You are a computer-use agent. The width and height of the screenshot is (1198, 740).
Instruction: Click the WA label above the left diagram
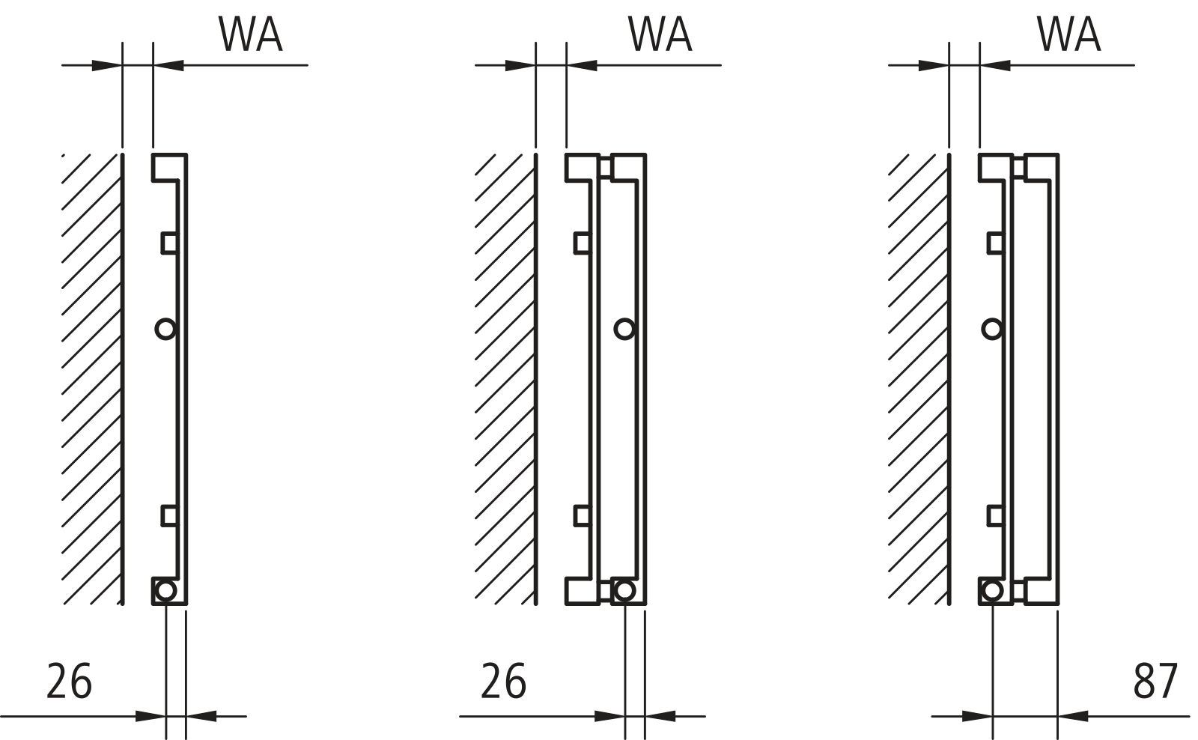click(x=250, y=34)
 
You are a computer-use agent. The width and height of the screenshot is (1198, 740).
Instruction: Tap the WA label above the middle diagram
click(x=660, y=34)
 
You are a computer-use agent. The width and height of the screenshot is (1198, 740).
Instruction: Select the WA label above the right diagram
click(x=1068, y=34)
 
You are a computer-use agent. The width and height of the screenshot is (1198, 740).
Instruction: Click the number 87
click(x=1155, y=681)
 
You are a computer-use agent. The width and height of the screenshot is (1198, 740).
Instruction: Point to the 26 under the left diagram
click(x=70, y=681)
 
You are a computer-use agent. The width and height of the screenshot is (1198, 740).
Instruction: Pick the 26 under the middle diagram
click(x=503, y=681)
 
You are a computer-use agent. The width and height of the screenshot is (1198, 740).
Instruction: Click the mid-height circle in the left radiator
click(x=165, y=328)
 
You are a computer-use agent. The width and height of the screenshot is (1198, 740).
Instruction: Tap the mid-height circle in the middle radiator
click(x=624, y=328)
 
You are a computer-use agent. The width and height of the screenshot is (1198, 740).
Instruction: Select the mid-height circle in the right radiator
click(x=992, y=328)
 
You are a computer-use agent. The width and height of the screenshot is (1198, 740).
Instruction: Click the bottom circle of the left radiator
click(x=165, y=590)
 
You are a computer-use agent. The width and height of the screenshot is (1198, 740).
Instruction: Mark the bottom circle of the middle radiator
click(x=624, y=590)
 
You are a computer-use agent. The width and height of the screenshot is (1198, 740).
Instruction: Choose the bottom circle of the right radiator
click(x=992, y=590)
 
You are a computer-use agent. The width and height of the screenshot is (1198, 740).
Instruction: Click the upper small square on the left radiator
click(x=169, y=243)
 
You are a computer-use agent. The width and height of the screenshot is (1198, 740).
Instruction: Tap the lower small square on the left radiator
click(x=169, y=515)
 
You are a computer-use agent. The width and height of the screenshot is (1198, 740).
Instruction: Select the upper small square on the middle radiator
click(x=582, y=243)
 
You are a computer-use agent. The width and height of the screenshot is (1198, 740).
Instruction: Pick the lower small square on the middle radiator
click(x=582, y=515)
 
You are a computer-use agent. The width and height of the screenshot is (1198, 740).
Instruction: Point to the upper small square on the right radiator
click(x=995, y=243)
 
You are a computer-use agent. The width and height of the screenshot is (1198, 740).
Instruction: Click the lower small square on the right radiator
click(x=995, y=515)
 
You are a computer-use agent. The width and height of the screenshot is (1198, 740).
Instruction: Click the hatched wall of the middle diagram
click(x=505, y=374)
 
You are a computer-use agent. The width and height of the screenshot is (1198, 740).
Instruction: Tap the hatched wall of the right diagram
click(x=918, y=374)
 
